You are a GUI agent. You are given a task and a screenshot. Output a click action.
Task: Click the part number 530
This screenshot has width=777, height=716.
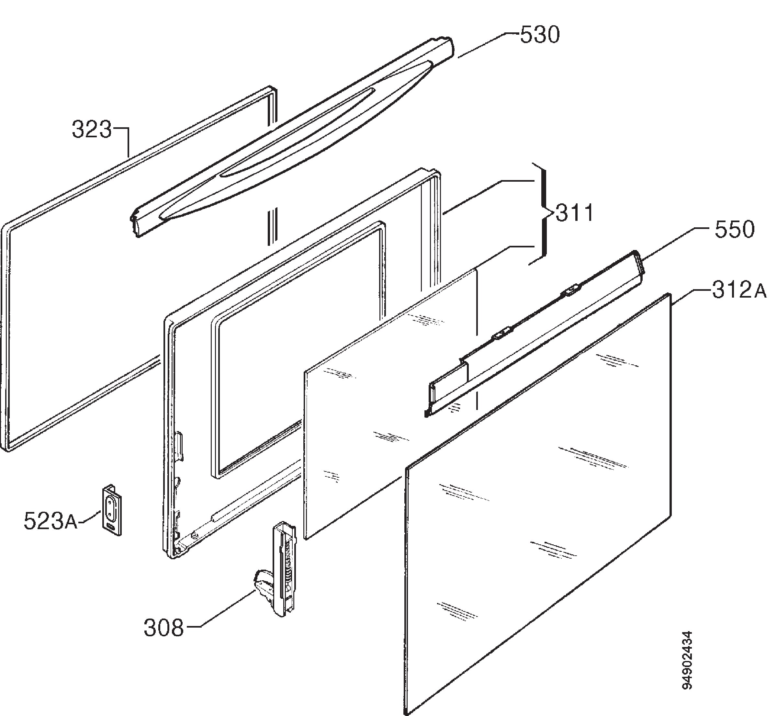(x=540, y=35)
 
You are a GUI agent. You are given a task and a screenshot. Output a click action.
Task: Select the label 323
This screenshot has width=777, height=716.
(x=92, y=130)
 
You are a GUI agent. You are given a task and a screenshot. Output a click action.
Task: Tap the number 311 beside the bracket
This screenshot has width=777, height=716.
(x=574, y=213)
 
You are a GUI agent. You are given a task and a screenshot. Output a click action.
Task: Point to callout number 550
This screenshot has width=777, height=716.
(x=734, y=229)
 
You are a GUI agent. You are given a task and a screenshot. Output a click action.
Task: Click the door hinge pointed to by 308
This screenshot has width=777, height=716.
(x=278, y=570)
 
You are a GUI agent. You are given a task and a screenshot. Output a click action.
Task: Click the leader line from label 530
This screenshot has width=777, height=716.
(x=489, y=46)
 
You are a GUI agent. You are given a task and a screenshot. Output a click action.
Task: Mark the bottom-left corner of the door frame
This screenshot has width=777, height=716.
(x=172, y=556)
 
